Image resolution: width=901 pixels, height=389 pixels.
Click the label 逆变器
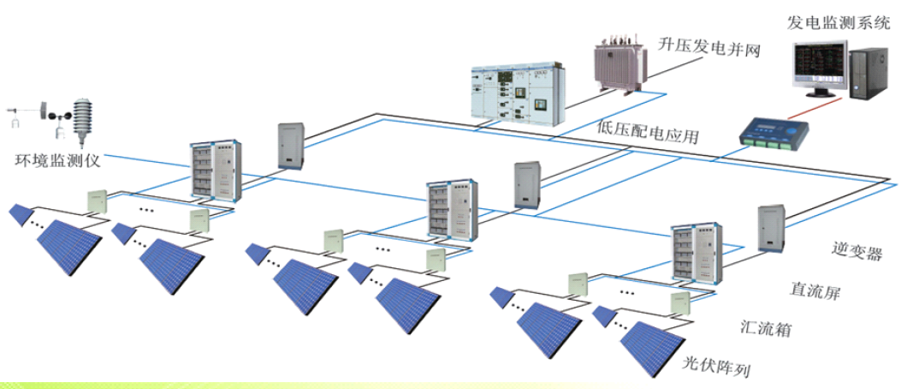pyautogui.click(x=856, y=251)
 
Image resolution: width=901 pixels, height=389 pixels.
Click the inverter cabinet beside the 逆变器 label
pyautogui.click(x=770, y=229)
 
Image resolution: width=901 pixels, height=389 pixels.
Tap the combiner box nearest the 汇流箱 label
pyautogui.click(x=680, y=303)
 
